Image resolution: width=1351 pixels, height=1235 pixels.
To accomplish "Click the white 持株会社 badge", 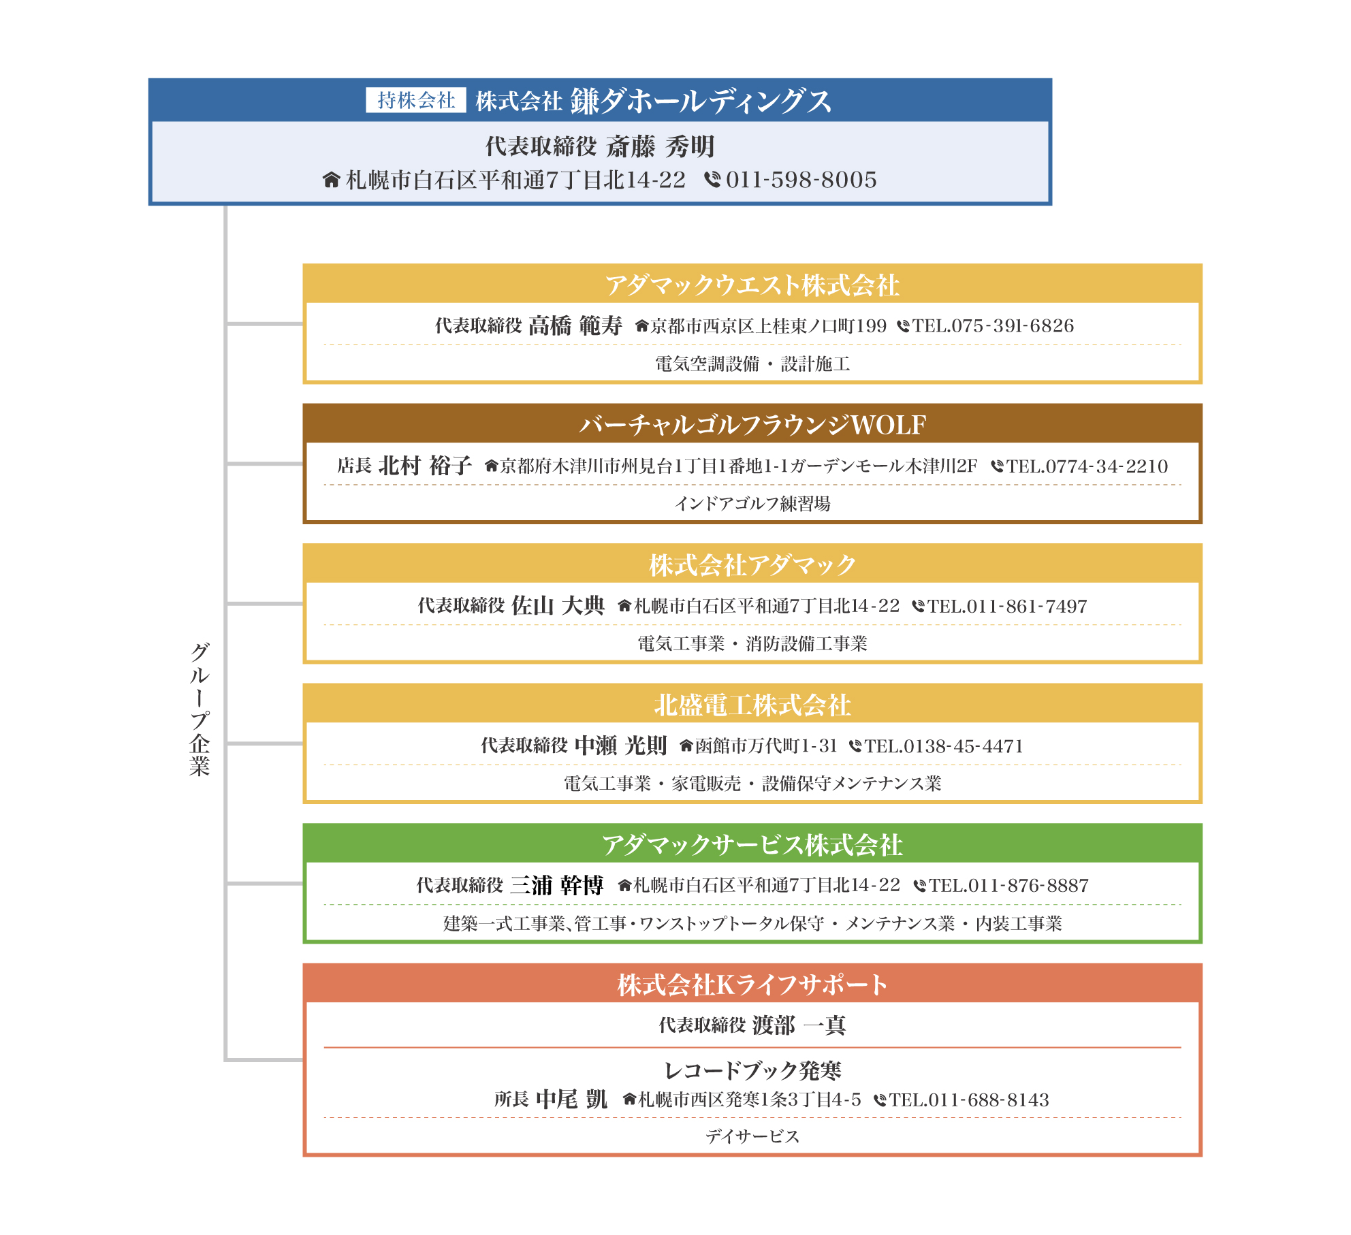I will click(x=415, y=100).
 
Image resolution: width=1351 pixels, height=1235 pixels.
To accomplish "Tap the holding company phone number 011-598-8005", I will click(x=801, y=180).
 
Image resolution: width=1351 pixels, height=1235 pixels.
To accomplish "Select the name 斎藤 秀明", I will click(x=660, y=146).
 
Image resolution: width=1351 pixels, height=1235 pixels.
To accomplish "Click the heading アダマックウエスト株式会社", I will click(x=752, y=285).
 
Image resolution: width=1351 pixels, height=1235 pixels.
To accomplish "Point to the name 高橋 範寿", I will click(x=575, y=325).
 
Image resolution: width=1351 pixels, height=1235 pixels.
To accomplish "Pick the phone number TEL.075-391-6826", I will click(x=993, y=326).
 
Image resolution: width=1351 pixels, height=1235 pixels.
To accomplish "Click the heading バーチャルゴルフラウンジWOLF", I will click(x=752, y=425).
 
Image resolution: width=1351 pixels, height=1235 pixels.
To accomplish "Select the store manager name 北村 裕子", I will click(x=425, y=466).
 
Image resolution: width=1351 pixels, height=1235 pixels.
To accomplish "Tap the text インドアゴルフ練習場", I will click(x=752, y=504).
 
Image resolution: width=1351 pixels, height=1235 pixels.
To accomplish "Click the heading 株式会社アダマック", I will click(x=752, y=565).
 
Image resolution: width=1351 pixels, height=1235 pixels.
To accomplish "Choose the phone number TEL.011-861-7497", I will click(x=1007, y=606).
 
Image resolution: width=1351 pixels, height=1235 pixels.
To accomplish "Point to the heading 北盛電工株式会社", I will click(x=752, y=705).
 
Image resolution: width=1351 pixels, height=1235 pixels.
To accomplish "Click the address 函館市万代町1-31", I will click(x=766, y=746).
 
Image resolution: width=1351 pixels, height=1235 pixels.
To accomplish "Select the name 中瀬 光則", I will click(x=620, y=745).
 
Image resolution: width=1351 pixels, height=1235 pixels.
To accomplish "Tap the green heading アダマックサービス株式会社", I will click(x=752, y=845).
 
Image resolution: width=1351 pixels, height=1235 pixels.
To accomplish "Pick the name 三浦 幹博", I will click(x=556, y=885).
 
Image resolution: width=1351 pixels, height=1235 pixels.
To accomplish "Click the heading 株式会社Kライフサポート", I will click(x=752, y=985).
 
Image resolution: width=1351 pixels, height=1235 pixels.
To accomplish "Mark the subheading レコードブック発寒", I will click(x=752, y=1070).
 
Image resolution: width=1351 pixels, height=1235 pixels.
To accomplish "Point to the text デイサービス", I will click(x=752, y=1136).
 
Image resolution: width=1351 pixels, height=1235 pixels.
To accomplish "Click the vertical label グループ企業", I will click(x=200, y=708).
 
